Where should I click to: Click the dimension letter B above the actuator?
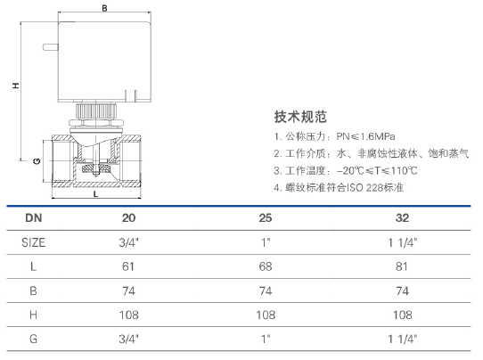[x=105, y=8]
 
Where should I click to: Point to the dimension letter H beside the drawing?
[x=16, y=86]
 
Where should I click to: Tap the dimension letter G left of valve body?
[x=37, y=161]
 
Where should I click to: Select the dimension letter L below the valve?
[x=96, y=194]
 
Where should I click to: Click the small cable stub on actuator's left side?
[x=51, y=47]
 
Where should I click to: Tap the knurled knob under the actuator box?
[x=96, y=110]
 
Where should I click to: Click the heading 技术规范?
[x=300, y=117]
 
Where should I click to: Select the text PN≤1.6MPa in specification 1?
[x=365, y=136]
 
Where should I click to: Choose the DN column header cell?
[x=34, y=218]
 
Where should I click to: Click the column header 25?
[x=266, y=218]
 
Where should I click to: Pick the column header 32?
[x=402, y=218]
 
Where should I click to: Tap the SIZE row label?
[x=33, y=242]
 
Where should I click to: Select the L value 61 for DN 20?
[x=128, y=266]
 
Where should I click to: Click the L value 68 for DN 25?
[x=266, y=266]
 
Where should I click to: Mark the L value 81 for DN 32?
[x=402, y=266]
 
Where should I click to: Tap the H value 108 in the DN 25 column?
[x=266, y=315]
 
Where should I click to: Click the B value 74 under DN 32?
[x=402, y=290]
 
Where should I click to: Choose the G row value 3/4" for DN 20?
[x=129, y=339]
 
